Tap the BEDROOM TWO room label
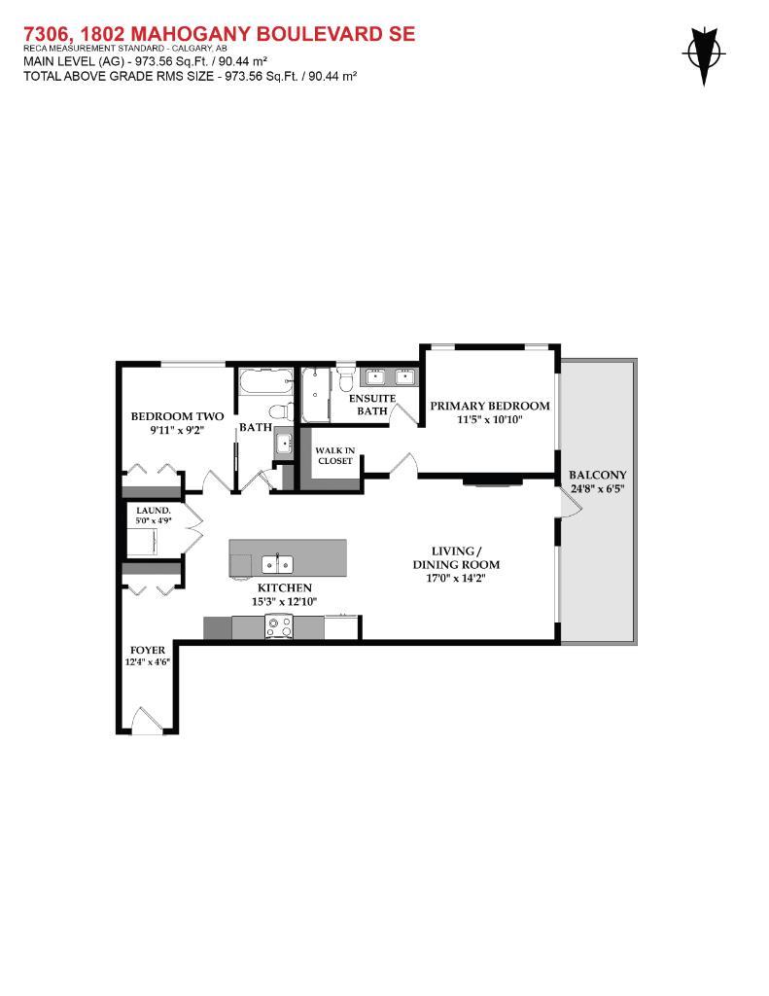pos(163,416)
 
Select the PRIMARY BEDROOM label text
pos(490,406)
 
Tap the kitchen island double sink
pos(278,562)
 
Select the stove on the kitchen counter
pos(278,629)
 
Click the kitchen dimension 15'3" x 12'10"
pos(284,602)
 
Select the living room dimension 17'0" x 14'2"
pos(455,579)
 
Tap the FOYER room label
pos(148,650)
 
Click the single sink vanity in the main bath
pos(282,443)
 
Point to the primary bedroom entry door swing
pos(404,465)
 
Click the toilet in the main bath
pos(280,409)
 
